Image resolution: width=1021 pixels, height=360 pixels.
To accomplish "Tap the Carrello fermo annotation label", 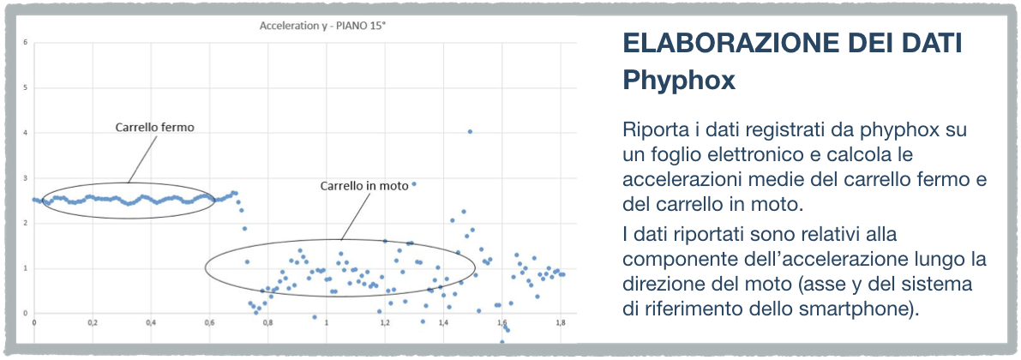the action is [155, 128].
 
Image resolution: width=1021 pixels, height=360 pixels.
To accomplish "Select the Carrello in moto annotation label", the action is [364, 185].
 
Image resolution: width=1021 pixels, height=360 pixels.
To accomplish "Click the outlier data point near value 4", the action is [470, 131].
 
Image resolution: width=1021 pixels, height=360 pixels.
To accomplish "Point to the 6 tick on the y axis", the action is [25, 43].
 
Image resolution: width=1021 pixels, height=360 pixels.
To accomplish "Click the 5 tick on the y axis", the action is [25, 88].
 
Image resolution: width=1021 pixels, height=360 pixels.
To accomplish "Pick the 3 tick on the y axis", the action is [25, 178].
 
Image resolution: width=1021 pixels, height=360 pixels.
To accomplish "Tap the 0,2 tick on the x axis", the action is [93, 322].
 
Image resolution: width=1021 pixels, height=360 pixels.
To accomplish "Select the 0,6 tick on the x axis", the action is [210, 322].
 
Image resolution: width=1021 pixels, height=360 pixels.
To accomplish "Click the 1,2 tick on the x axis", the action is [385, 322].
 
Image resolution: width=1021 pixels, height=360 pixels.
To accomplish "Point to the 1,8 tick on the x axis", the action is [560, 322].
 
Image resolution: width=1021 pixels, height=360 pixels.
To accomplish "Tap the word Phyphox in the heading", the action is [679, 80].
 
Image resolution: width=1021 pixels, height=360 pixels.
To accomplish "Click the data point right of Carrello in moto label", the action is [413, 184].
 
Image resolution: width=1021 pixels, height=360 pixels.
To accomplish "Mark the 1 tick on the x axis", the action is [327, 322].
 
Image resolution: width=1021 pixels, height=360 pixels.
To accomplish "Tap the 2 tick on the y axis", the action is [25, 224].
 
